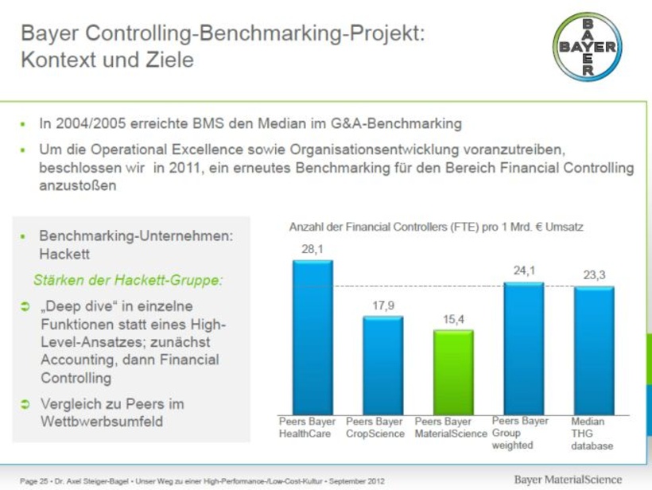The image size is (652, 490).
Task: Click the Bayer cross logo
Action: (588, 47)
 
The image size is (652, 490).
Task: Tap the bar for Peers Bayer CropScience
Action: (383, 364)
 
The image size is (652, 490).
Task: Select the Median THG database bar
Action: (594, 349)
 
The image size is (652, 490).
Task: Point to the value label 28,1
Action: (312, 249)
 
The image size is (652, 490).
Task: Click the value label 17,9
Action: (383, 305)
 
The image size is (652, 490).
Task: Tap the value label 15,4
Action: (454, 319)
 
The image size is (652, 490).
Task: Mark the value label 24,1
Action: (524, 271)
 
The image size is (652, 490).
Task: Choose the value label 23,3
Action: (594, 275)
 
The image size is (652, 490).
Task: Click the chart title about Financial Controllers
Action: (436, 227)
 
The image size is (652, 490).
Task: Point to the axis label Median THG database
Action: (592, 434)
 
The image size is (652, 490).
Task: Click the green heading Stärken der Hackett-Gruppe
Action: (127, 280)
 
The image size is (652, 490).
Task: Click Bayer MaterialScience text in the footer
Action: (569, 479)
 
